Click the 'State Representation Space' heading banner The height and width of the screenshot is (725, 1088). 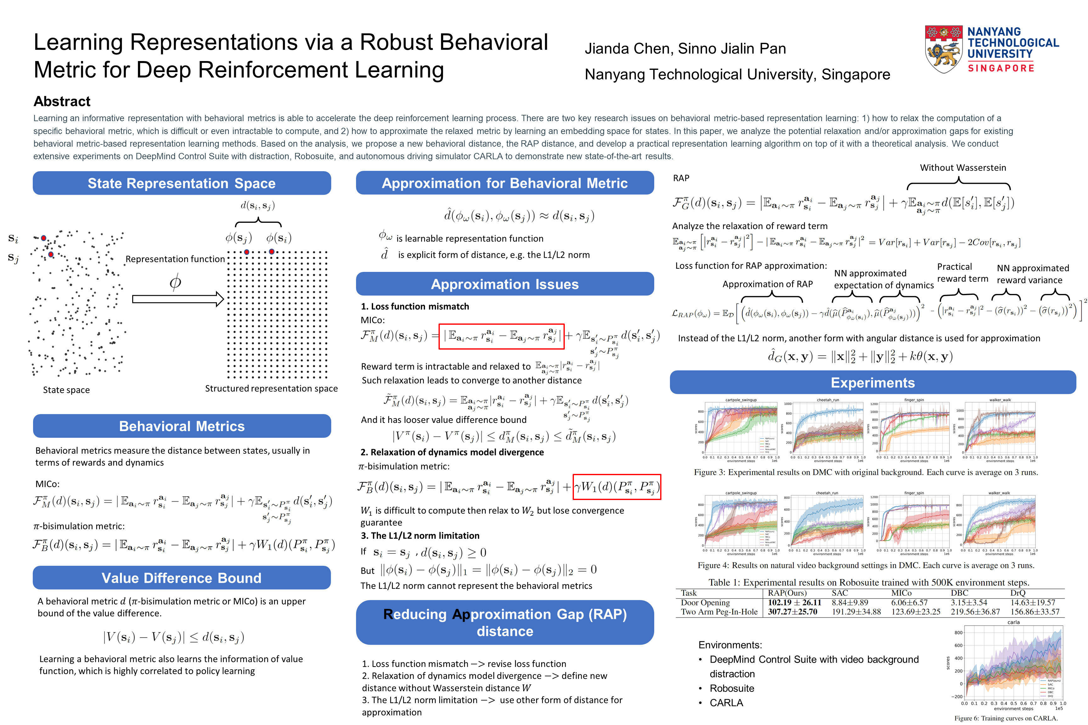click(182, 183)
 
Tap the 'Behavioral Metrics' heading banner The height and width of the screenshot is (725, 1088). click(182, 426)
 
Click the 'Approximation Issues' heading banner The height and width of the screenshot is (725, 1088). click(505, 284)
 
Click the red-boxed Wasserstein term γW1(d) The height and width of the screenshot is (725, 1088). click(617, 487)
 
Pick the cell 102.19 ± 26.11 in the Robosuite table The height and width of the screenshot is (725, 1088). click(794, 603)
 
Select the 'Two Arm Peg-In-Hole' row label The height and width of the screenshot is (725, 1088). click(719, 612)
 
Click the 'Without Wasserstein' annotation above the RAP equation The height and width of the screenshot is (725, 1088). click(963, 168)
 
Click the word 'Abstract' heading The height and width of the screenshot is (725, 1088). click(62, 101)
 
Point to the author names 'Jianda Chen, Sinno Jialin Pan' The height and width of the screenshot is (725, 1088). click(685, 48)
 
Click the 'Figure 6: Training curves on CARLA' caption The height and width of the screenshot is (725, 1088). click(1006, 718)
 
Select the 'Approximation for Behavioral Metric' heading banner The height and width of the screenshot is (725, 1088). click(505, 183)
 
